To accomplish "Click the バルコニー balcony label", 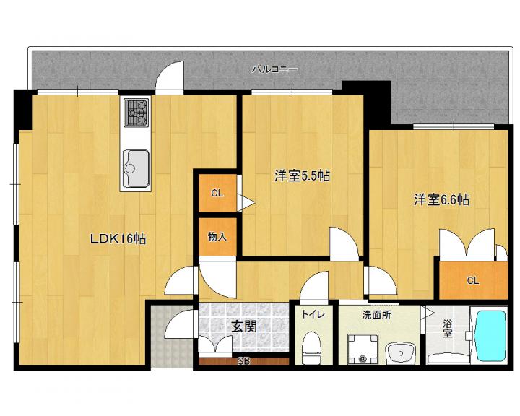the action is (x=275, y=69).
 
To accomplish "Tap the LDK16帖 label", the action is (x=118, y=239).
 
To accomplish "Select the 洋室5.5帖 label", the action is (x=302, y=175).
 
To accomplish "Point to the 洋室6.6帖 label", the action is (x=441, y=200).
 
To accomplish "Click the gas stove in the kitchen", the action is (x=136, y=113).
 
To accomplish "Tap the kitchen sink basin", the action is (x=136, y=168).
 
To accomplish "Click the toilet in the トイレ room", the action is (x=311, y=347).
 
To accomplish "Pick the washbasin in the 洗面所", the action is (x=401, y=353).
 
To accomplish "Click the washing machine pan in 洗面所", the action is (x=363, y=350).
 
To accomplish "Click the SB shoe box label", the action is (x=244, y=361).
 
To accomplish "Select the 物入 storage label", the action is (x=217, y=237).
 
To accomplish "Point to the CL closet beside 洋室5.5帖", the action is (x=217, y=193).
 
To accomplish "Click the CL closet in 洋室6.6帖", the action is (x=473, y=281).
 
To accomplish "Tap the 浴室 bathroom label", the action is (x=447, y=328).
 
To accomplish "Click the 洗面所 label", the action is (x=376, y=314).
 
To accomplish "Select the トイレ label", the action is (x=312, y=314).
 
